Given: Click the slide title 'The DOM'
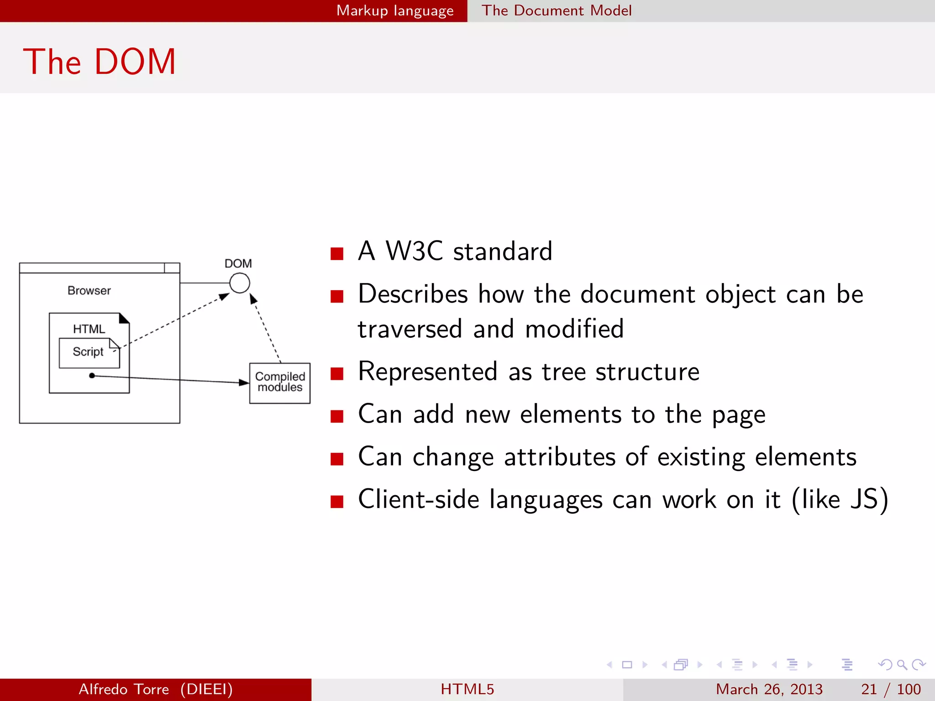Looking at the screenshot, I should coord(99,62).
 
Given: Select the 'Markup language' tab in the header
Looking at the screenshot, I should coord(395,10).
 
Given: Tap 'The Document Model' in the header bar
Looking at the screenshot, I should coord(557,10).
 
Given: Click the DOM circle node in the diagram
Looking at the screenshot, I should coord(239,283).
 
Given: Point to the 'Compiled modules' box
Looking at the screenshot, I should coord(280,382).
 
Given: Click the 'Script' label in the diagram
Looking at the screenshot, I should coord(88,352).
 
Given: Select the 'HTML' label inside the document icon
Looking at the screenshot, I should coord(89,329).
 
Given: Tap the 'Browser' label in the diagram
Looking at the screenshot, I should coord(89,291).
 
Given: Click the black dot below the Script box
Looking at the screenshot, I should coord(92,376).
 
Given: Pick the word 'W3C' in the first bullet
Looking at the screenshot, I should coord(414,251).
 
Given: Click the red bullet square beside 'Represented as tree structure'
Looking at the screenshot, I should coord(337,374).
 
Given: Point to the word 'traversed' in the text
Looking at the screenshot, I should coord(410,329).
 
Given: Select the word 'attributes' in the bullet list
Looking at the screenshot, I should coord(559,457).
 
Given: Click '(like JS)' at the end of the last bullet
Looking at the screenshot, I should coord(840,499).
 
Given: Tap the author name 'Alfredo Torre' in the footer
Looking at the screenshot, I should coord(124,689).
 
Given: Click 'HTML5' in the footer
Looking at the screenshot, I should coord(467,689).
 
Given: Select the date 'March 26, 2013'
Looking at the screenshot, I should coord(769,689).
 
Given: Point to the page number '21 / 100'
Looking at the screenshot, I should coord(891,689).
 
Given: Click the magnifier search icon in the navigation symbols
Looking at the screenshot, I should coord(902,664).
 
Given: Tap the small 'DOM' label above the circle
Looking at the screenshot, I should coord(238,263).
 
